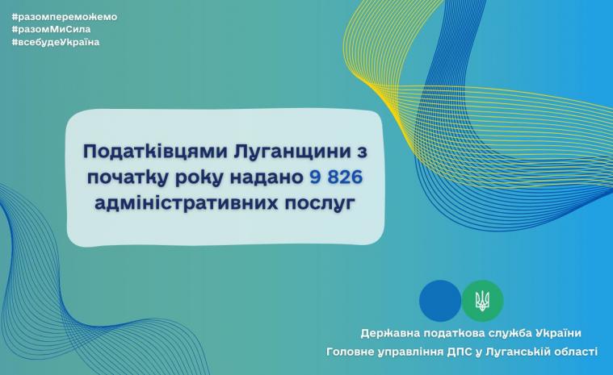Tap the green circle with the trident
(483, 301)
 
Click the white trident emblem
(483, 301)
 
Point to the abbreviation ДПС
(460, 351)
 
